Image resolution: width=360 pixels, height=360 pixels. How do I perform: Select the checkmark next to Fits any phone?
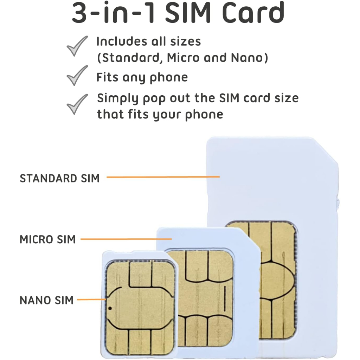(77, 75)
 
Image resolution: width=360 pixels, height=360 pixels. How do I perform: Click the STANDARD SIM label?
(60, 178)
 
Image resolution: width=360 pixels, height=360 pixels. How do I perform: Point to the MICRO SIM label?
(47, 240)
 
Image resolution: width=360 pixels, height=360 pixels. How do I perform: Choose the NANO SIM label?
(46, 301)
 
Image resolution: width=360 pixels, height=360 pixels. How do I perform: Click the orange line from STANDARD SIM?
(163, 177)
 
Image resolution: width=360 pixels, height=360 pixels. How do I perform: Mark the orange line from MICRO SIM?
(126, 239)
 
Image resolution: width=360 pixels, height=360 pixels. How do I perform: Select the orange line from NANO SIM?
(91, 300)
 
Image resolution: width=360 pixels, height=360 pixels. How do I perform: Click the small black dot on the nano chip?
(110, 308)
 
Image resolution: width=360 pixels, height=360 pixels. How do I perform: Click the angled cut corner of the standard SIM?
(327, 151)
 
